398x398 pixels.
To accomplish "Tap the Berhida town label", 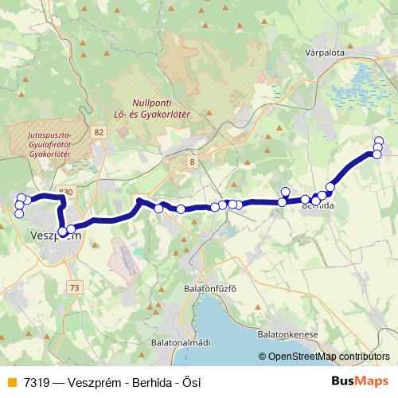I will tap(318, 206).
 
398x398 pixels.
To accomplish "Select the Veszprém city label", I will tap(54, 236).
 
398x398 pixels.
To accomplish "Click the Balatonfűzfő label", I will tap(210, 288).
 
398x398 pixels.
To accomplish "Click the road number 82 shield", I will tap(98, 132).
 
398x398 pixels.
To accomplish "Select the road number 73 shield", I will tap(74, 287).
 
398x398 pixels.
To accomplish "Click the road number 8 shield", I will tap(192, 162).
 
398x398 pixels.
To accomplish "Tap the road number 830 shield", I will tap(66, 192).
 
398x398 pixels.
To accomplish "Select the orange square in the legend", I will tap(11, 382).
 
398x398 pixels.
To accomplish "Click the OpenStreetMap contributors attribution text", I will tap(328, 357).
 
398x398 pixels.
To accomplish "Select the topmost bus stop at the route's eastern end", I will tap(378, 141).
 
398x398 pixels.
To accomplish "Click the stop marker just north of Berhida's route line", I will tap(286, 192).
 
